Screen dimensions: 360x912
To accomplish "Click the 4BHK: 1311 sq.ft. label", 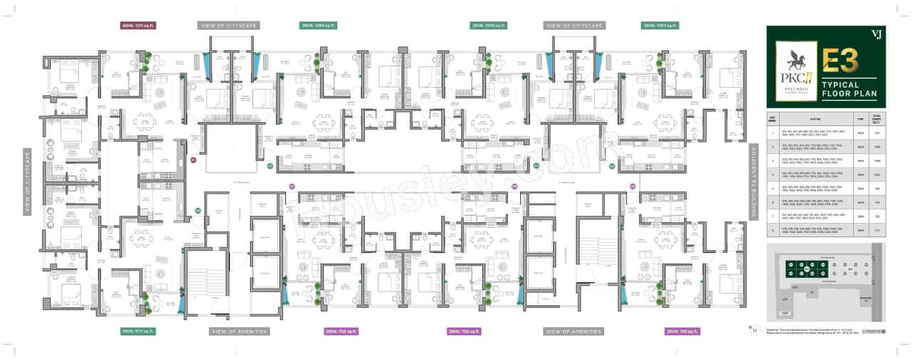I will click(138, 25).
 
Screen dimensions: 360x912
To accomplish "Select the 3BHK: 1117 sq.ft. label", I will click(138, 331).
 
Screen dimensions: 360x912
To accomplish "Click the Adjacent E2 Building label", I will click(752, 182).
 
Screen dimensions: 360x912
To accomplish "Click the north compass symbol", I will click(752, 329).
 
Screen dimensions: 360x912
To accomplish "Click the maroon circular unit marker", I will click(192, 160).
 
